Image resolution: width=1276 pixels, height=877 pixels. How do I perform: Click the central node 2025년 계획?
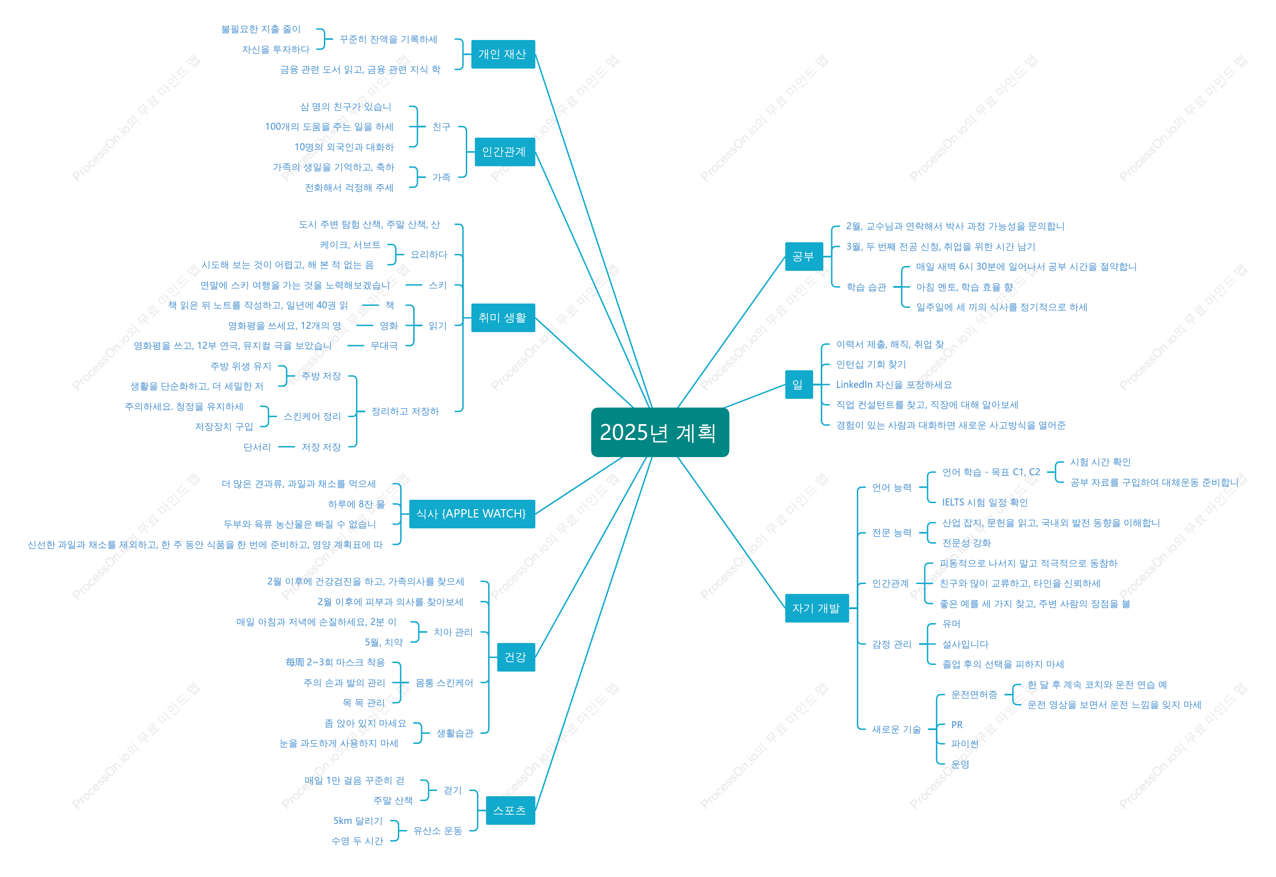coord(660,432)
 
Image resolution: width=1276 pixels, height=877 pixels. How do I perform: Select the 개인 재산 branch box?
coord(503,54)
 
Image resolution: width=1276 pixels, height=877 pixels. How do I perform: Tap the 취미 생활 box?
coord(503,318)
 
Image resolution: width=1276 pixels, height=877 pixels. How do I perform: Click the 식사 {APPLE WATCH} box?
coord(472,514)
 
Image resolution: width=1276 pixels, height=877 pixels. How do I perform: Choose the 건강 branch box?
coord(516,657)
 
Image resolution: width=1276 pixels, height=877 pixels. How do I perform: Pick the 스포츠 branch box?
coord(510,810)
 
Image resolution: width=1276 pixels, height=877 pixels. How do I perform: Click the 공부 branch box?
coord(804,256)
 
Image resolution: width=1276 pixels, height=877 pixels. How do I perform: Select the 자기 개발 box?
coord(816,608)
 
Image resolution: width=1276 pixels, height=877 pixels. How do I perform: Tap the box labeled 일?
coord(798,384)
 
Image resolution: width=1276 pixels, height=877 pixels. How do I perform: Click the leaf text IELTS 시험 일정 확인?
coord(985,502)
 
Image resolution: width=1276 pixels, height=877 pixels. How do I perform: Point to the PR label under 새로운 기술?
coord(957,725)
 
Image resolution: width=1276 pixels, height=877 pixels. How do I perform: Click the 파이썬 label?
coord(964,744)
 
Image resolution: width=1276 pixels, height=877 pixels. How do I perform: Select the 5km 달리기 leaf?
coord(357,820)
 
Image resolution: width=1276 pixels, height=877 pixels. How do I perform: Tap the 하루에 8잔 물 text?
coord(356,504)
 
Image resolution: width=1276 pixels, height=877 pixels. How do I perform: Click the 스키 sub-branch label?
coord(437,285)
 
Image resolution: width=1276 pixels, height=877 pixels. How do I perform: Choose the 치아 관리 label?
coord(453,632)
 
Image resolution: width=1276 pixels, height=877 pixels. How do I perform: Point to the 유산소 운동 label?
coord(437,830)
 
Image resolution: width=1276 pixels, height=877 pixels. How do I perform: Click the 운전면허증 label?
coord(974,695)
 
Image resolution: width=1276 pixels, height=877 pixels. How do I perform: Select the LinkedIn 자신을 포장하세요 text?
coord(894,385)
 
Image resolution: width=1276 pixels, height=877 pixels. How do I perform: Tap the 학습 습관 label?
coord(866,287)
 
